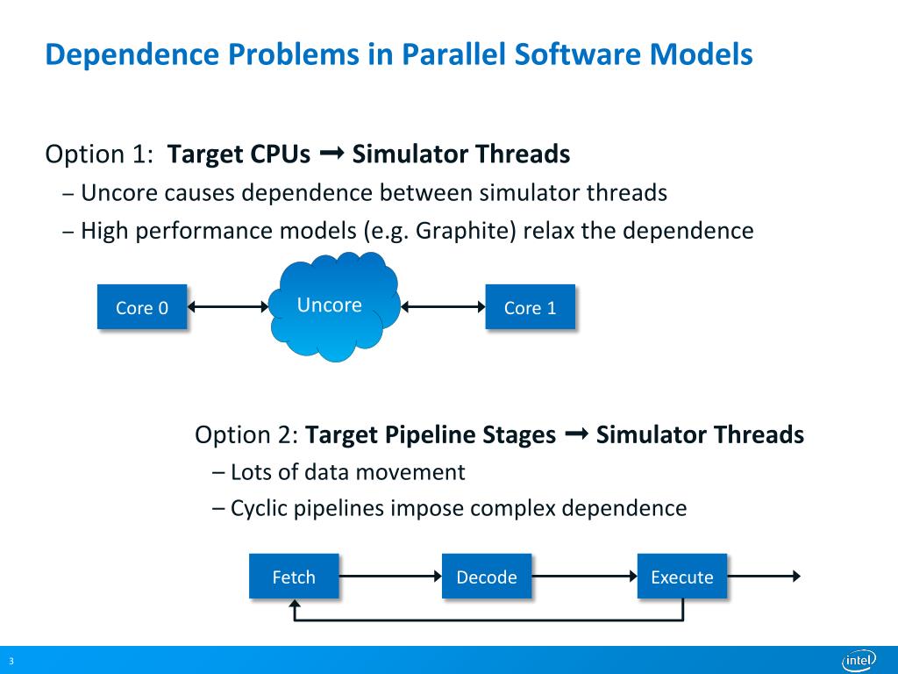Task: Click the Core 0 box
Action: [141, 306]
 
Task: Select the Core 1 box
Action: [530, 306]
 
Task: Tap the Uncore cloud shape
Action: [331, 306]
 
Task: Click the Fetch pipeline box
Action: [294, 576]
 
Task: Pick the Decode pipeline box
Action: [487, 576]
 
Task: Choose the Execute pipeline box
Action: [681, 576]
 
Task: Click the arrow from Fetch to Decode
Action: [389, 576]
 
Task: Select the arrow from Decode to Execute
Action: [584, 576]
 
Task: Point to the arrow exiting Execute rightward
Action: [764, 576]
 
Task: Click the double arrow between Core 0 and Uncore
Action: [228, 306]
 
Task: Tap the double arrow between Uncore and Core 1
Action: [444, 306]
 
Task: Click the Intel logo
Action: [859, 660]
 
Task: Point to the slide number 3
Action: [11, 661]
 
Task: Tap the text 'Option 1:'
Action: [98, 154]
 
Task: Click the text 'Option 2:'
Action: [247, 434]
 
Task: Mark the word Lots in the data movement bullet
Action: [251, 472]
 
